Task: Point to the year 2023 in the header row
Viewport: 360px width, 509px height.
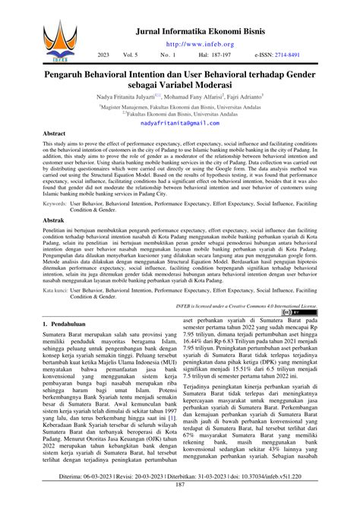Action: [104, 55]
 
